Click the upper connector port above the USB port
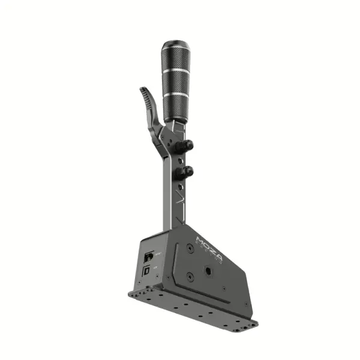tap(148, 257)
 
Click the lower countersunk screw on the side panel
tap(190, 277)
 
